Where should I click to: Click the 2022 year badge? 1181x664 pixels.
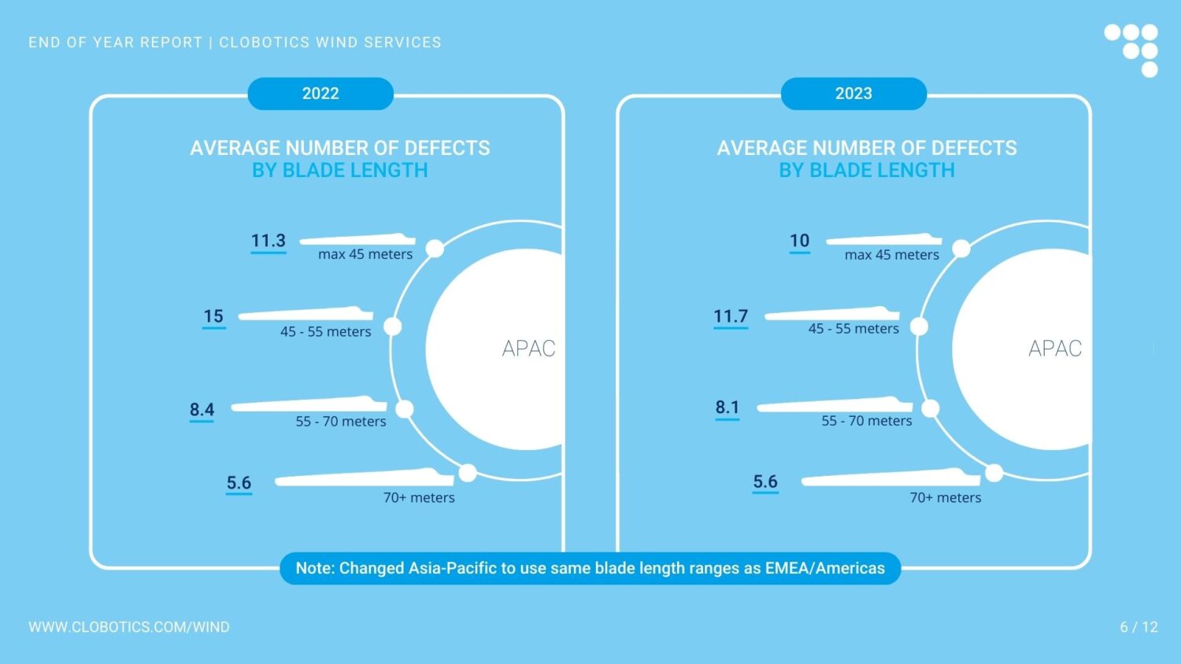pyautogui.click(x=320, y=94)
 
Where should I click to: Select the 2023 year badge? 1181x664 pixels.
pyautogui.click(x=853, y=94)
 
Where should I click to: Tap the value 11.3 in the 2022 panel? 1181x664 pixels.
pyautogui.click(x=268, y=241)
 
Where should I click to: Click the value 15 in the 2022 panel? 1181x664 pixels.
pyautogui.click(x=213, y=316)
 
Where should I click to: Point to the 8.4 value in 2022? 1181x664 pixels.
pyautogui.click(x=202, y=409)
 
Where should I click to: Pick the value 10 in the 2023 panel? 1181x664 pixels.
pyautogui.click(x=799, y=241)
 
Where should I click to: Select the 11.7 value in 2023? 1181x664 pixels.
pyautogui.click(x=731, y=316)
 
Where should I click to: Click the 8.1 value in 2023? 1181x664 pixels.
pyautogui.click(x=727, y=408)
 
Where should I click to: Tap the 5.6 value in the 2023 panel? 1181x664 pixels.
pyautogui.click(x=765, y=481)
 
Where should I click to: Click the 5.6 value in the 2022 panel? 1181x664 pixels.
pyautogui.click(x=239, y=483)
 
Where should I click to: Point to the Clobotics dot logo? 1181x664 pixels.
pyautogui.click(x=1132, y=50)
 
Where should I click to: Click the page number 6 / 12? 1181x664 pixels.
pyautogui.click(x=1138, y=627)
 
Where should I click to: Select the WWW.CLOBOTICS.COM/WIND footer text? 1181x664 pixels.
pyautogui.click(x=129, y=627)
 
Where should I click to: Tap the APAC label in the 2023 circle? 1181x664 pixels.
pyautogui.click(x=1055, y=349)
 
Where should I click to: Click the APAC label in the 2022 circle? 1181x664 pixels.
pyautogui.click(x=528, y=349)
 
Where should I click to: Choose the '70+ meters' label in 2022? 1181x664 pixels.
pyautogui.click(x=419, y=497)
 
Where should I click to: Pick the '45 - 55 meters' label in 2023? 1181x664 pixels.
pyautogui.click(x=853, y=329)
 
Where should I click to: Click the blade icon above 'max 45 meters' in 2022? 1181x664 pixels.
pyautogui.click(x=358, y=239)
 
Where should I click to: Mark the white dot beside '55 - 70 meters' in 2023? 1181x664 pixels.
pyautogui.click(x=931, y=408)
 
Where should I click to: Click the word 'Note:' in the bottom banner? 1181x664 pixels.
pyautogui.click(x=315, y=568)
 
